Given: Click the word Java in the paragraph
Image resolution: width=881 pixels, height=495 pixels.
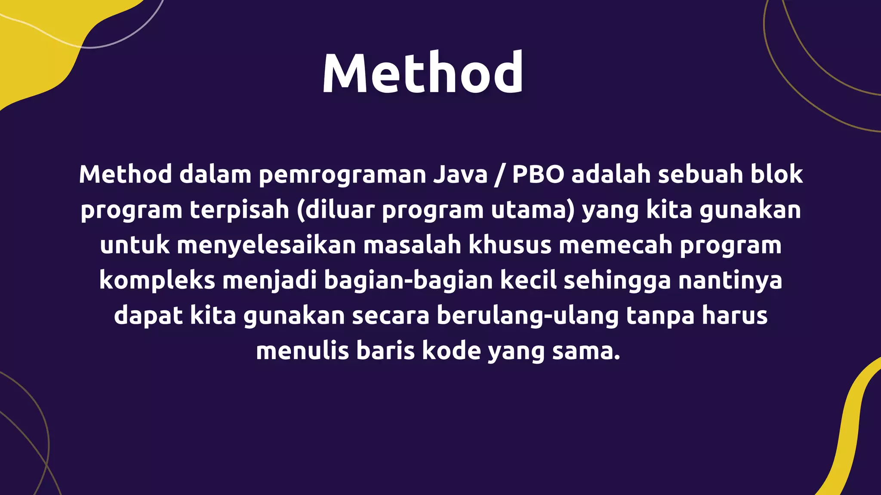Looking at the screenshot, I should (x=460, y=174).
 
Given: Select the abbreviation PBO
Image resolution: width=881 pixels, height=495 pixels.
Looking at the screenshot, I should (x=538, y=174).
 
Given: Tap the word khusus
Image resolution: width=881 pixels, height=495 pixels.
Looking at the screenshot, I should (x=510, y=245).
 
